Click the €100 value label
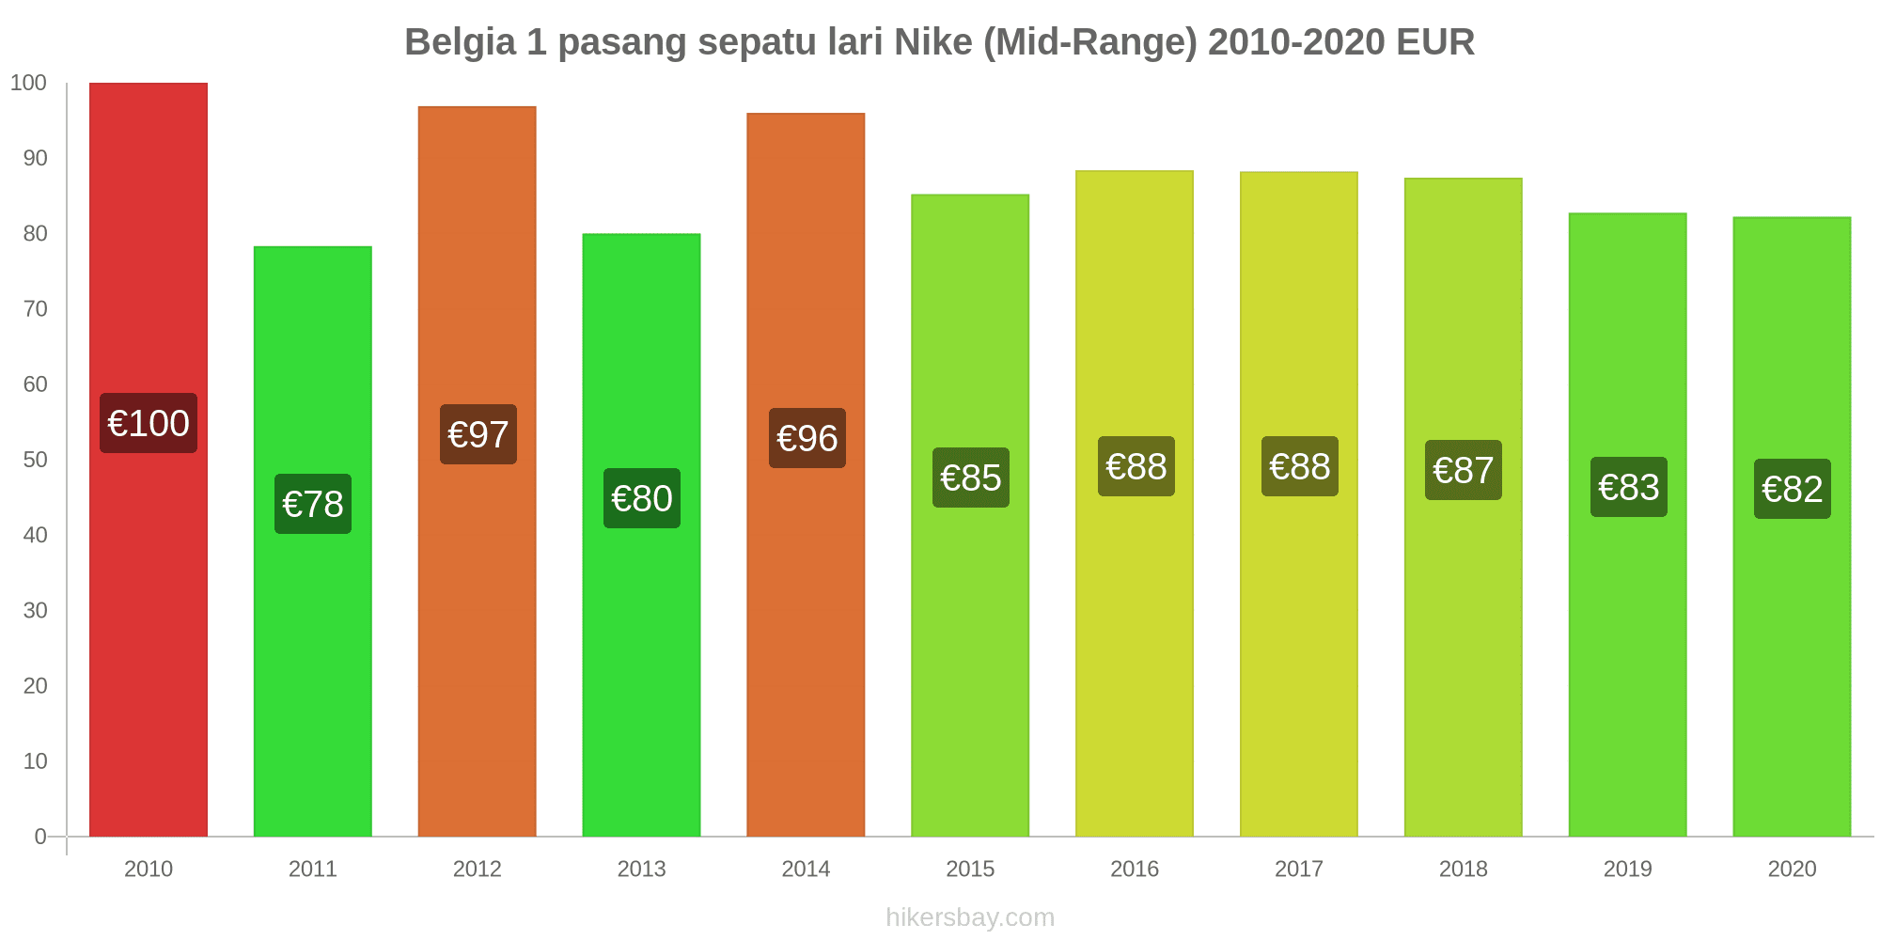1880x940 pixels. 149,423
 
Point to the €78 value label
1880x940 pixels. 313,504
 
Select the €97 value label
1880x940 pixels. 478,434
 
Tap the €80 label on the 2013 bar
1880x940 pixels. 642,498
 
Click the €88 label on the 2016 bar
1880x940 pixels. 1136,466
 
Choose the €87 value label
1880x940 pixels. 1464,470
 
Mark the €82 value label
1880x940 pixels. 1792,489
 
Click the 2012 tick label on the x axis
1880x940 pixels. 478,869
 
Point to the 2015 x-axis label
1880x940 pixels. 970,869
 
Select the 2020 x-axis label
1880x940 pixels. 1792,869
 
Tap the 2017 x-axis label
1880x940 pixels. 1299,869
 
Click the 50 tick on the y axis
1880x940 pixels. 35,460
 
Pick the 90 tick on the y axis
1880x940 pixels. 35,158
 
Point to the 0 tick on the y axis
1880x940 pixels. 40,837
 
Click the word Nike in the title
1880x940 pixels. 933,42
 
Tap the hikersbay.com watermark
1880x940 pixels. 970,917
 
